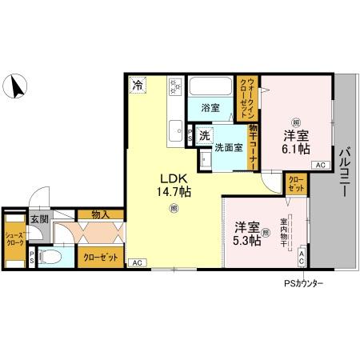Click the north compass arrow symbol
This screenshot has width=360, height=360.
point(17,84)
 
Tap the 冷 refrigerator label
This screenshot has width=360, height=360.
point(138,84)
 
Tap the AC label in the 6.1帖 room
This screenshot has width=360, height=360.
point(319,165)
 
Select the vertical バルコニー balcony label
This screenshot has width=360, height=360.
point(344,169)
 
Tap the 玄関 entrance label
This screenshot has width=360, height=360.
point(38,218)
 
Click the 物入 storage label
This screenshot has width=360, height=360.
point(102,214)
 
